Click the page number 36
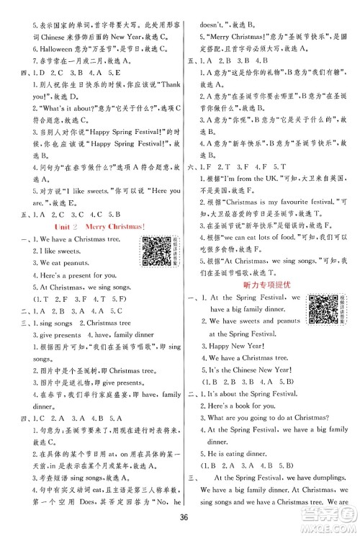(180, 520)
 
